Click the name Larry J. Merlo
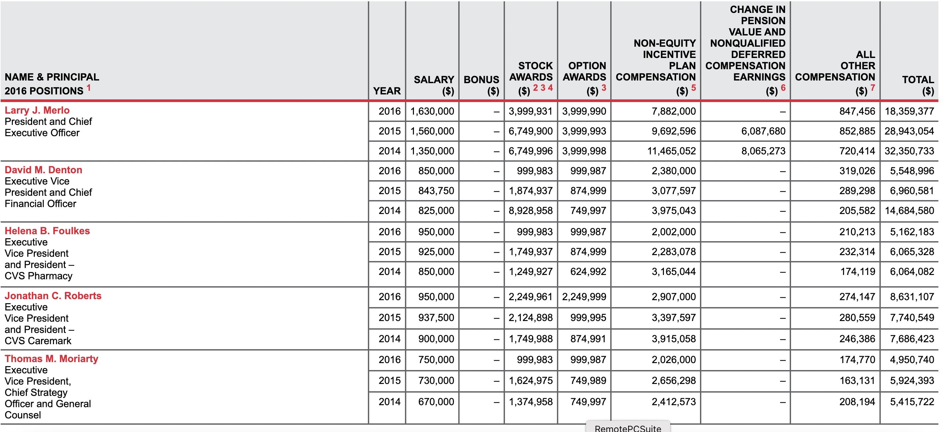(x=37, y=110)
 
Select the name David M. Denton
(x=43, y=170)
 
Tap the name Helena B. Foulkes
(x=47, y=231)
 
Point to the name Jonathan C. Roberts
(x=53, y=296)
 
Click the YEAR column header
(x=387, y=91)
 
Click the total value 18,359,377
(x=909, y=111)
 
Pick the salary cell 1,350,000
(x=432, y=151)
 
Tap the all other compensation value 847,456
(x=857, y=111)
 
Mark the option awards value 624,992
(x=588, y=272)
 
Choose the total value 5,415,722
(x=912, y=402)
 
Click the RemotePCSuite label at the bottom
(x=628, y=428)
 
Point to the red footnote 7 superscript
(x=872, y=87)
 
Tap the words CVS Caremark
(x=38, y=341)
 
